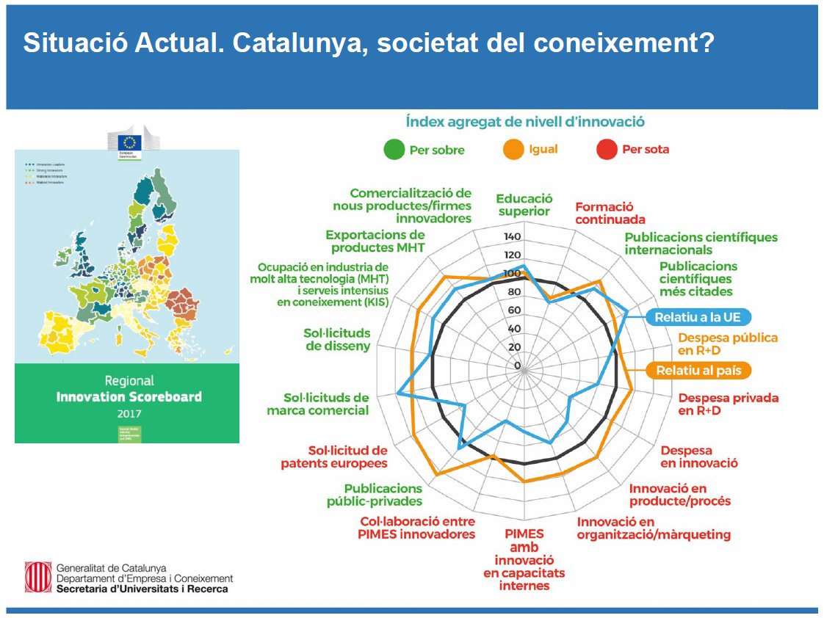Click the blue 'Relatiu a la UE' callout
[x=698, y=317]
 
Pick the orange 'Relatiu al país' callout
[x=698, y=370]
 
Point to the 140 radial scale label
[x=512, y=237]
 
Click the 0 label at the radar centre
[x=517, y=366]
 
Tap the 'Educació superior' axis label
[x=524, y=205]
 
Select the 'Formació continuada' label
[x=610, y=213]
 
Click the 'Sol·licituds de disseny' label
[x=337, y=339]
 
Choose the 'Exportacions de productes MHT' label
[x=375, y=241]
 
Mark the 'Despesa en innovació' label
[x=698, y=457]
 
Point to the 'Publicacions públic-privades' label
[x=374, y=495]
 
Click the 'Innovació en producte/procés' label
[x=679, y=495]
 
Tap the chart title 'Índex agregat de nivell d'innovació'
[x=524, y=122]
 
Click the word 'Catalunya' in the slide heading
[x=306, y=43]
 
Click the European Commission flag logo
[x=131, y=142]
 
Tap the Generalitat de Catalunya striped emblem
[x=37, y=577]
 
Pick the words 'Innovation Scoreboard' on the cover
[x=129, y=396]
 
